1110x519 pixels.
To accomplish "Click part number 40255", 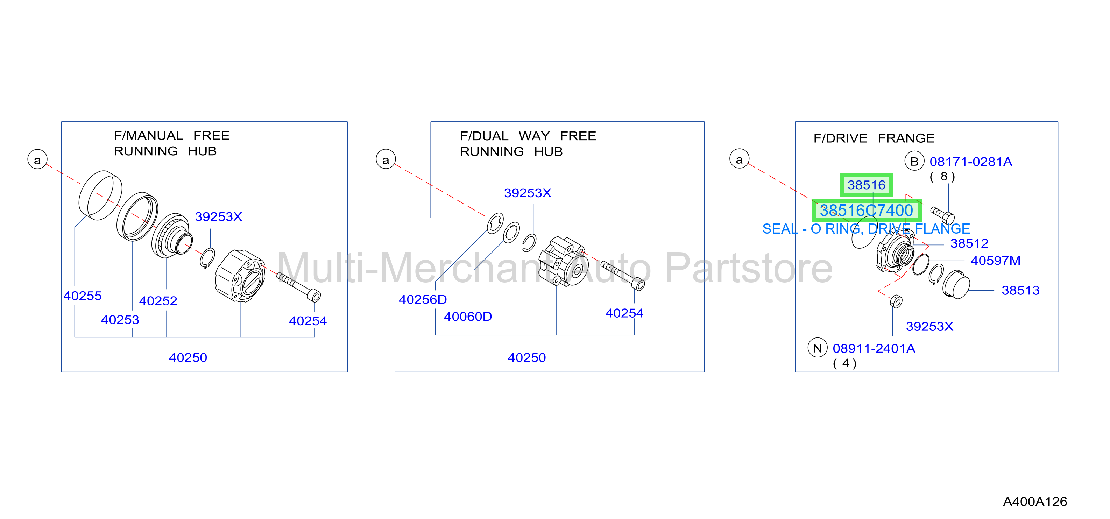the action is pyautogui.click(x=82, y=296).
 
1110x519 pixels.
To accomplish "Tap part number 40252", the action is pyautogui.click(x=158, y=301).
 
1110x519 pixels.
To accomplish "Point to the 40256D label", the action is pyautogui.click(x=423, y=299).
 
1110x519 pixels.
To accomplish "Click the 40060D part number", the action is pyautogui.click(x=468, y=317).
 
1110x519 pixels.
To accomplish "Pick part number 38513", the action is pyautogui.click(x=1020, y=290).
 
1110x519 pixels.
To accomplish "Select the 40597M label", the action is pyautogui.click(x=995, y=261).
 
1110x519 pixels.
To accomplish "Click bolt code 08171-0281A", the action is pyautogui.click(x=971, y=162).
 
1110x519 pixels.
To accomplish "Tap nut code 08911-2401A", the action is pyautogui.click(x=874, y=348).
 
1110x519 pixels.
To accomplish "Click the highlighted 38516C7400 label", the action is pyautogui.click(x=866, y=210).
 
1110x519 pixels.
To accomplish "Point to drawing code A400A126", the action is pyautogui.click(x=1035, y=502).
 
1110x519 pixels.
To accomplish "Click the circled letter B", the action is pyautogui.click(x=914, y=161).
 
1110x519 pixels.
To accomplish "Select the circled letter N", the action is pyautogui.click(x=818, y=348).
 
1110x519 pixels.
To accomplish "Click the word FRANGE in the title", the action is pyautogui.click(x=906, y=138).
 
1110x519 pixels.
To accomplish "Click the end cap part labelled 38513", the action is pyautogui.click(x=956, y=285).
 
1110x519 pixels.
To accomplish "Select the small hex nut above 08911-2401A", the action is pyautogui.click(x=896, y=301).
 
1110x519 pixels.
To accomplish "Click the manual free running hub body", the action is pyautogui.click(x=240, y=276).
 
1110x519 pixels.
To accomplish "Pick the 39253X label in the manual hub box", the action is pyautogui.click(x=218, y=216).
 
